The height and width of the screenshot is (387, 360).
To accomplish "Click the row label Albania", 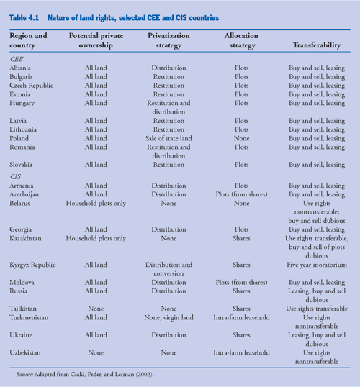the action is point(21,68).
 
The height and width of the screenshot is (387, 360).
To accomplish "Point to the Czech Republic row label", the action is point(30,86).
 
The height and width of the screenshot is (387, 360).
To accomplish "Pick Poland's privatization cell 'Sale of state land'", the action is point(168,138).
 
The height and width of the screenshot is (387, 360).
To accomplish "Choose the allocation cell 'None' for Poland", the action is point(241,138).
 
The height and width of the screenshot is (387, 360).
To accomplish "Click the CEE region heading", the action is point(16,59).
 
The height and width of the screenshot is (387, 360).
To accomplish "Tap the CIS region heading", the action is point(15,176).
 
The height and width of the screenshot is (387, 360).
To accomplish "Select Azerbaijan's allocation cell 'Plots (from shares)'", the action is point(241,194).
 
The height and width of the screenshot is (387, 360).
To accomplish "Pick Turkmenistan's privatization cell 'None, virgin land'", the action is point(168,317).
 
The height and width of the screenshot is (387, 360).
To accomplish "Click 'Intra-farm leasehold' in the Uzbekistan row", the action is point(241,352).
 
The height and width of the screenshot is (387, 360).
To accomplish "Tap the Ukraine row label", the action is point(22,335).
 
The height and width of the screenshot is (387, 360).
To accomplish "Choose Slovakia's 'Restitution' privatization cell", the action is point(168,165).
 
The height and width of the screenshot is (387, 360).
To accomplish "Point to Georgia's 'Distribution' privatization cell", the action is point(168,229).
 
